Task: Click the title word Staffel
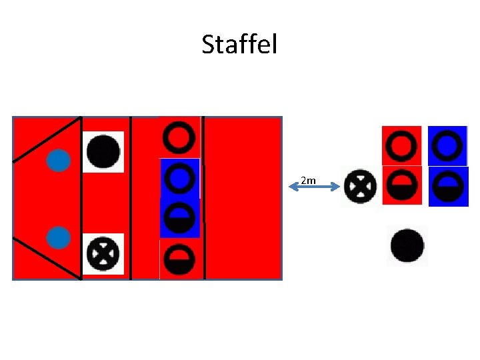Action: tap(239, 45)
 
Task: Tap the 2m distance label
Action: tap(308, 180)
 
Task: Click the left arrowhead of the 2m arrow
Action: tap(292, 188)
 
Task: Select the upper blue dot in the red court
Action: tap(59, 160)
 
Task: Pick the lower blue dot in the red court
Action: tap(59, 237)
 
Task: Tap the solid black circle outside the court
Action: tap(407, 245)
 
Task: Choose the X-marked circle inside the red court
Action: tap(103, 254)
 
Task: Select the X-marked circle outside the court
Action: tap(361, 186)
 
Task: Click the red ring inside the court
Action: tap(179, 137)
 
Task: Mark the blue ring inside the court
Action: tap(179, 178)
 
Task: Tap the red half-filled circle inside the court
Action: tap(179, 259)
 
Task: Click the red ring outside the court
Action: tap(402, 145)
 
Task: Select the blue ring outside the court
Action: tap(448, 145)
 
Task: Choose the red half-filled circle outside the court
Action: tap(402, 186)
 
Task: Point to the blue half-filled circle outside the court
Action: tap(448, 186)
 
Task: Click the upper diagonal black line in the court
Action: tap(47, 139)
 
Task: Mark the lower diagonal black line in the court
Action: tap(47, 258)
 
